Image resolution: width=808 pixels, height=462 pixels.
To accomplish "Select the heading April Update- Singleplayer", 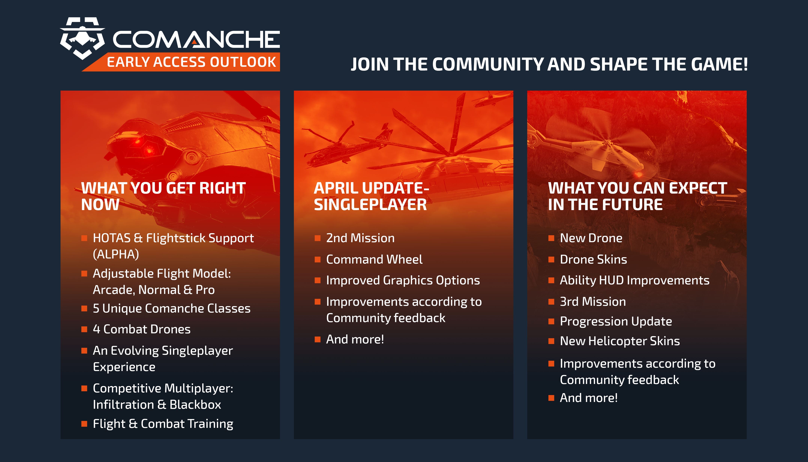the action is (x=371, y=196).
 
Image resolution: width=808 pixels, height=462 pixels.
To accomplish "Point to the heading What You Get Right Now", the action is (x=163, y=196).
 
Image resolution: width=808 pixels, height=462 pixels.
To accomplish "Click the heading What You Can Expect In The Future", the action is (x=637, y=196).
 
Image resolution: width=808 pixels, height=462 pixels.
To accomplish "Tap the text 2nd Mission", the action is (x=360, y=238).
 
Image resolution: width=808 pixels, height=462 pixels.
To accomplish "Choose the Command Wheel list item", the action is (x=374, y=259).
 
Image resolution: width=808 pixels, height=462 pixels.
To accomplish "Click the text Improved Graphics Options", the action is (x=403, y=280).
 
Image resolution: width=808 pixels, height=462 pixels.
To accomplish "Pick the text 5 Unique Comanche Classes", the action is (x=171, y=308).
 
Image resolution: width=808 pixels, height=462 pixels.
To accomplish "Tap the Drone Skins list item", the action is (x=593, y=259).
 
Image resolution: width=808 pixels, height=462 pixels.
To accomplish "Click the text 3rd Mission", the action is (x=593, y=301).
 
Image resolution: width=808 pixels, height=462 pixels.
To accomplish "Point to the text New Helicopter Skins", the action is (x=620, y=341).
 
